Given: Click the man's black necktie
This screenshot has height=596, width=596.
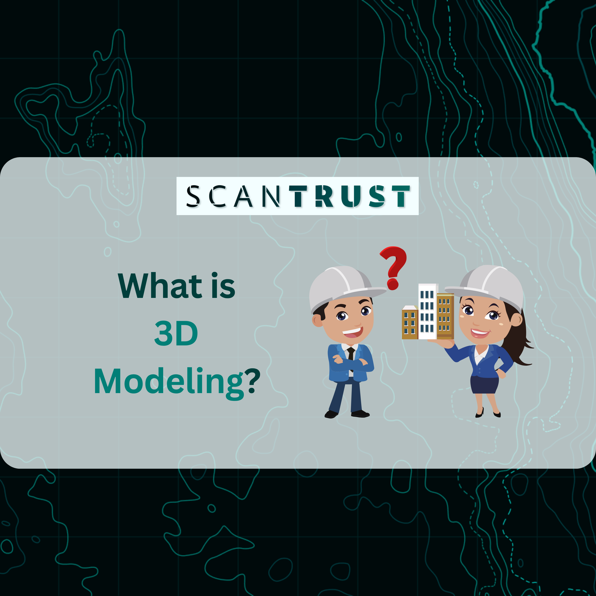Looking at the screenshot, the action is [x=351, y=357].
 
